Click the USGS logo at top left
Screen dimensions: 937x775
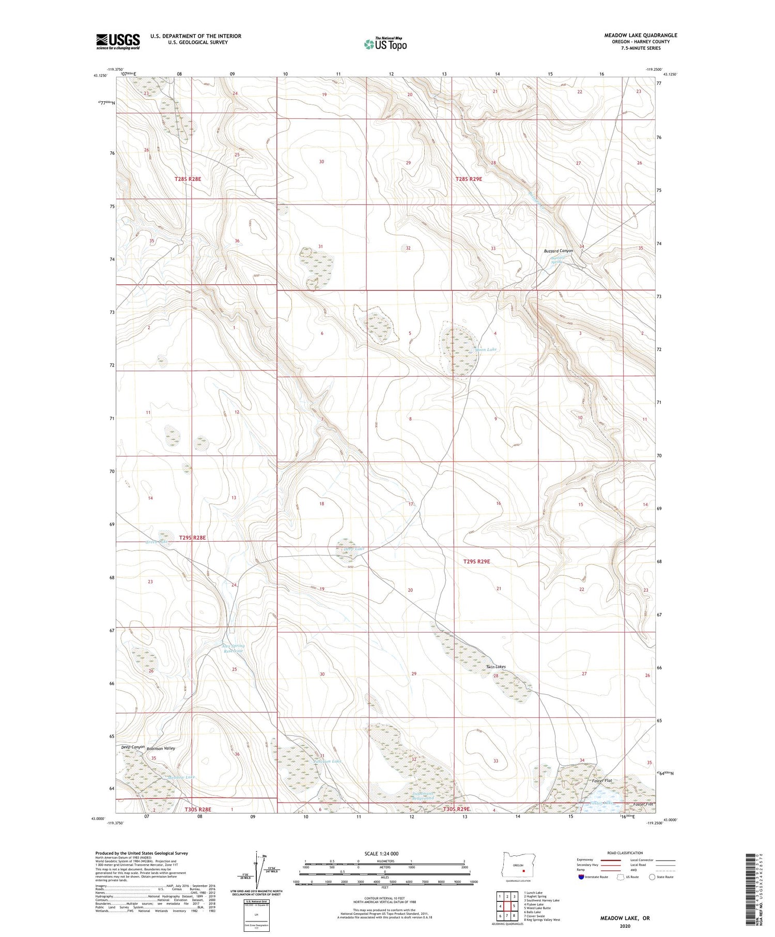pos(118,41)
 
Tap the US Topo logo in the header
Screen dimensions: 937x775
pos(385,44)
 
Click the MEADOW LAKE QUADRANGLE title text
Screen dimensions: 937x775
pos(640,35)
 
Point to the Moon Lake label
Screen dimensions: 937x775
pos(486,350)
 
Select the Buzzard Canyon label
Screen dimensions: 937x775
pos(558,251)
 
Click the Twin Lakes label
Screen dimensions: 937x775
pos(495,667)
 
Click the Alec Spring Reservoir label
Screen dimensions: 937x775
pos(233,649)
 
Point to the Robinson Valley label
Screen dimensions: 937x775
pos(161,748)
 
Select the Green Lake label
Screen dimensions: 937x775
pos(157,542)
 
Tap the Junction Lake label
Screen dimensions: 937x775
pos(327,761)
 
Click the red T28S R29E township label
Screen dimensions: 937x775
pos(469,179)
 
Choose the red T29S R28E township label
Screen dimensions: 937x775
pos(192,537)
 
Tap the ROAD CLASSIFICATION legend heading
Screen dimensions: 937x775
pos(625,853)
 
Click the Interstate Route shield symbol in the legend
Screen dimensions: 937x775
pos(581,877)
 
